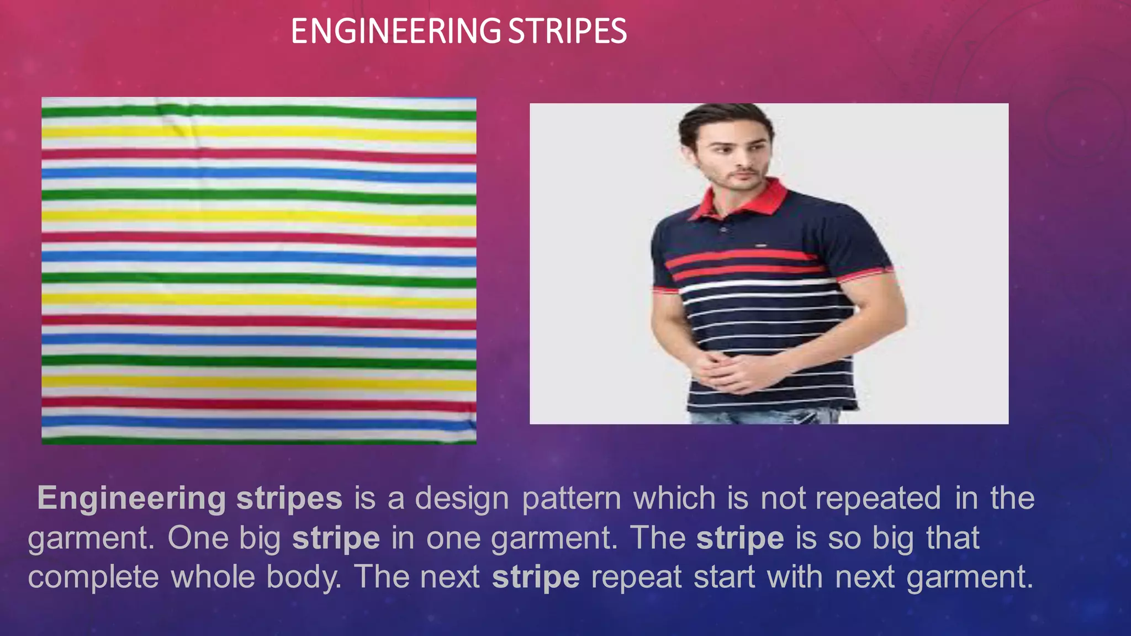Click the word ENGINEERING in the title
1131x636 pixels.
pos(395,31)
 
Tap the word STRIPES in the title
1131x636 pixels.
pos(567,31)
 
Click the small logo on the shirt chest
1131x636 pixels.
pos(760,243)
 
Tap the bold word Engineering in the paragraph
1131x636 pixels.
pos(131,498)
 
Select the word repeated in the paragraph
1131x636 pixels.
pos(878,499)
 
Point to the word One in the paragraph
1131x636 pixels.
pos(198,538)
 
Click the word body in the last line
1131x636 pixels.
pos(303,577)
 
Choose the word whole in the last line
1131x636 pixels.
pos(213,577)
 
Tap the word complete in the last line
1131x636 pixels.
pos(93,577)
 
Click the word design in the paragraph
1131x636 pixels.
pos(462,499)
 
